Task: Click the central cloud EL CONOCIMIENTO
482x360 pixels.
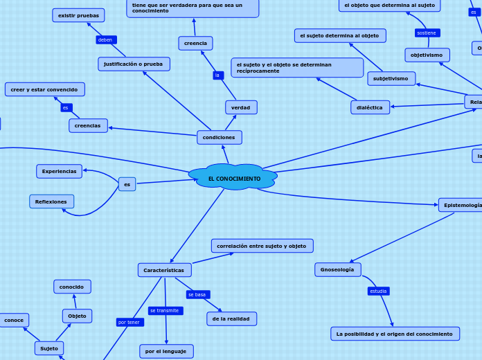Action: click(x=233, y=178)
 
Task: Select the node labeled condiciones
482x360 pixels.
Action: click(x=219, y=137)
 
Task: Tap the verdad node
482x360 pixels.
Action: click(x=241, y=107)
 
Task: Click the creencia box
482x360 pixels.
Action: click(x=195, y=43)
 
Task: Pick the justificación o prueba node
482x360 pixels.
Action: click(x=134, y=64)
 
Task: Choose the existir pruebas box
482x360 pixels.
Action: click(x=78, y=15)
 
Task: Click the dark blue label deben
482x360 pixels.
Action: click(x=105, y=39)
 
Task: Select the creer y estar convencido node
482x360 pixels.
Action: click(x=44, y=89)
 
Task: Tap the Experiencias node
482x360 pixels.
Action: click(x=59, y=171)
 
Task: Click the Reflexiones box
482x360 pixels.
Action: click(x=51, y=201)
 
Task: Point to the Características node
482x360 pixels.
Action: click(x=164, y=270)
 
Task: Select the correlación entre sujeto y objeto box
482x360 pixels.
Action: click(x=262, y=246)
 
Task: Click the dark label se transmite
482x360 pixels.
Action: click(x=165, y=311)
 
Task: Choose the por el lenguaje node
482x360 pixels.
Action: click(x=166, y=351)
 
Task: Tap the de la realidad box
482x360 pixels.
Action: click(x=231, y=318)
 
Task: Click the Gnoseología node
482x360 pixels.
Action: click(x=337, y=269)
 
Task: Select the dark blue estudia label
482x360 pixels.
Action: click(x=378, y=291)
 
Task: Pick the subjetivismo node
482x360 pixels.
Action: click(x=391, y=78)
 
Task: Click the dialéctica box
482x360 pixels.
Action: click(x=370, y=107)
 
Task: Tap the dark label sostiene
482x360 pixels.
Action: click(x=427, y=33)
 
